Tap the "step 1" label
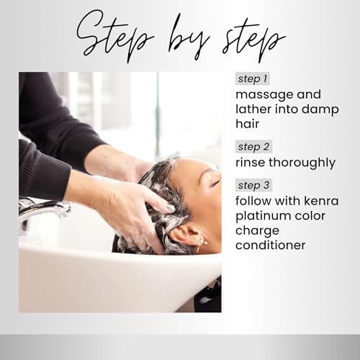pos(252,78)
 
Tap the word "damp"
pos(319,109)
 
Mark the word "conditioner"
pos(271,246)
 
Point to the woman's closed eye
pos(215,187)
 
